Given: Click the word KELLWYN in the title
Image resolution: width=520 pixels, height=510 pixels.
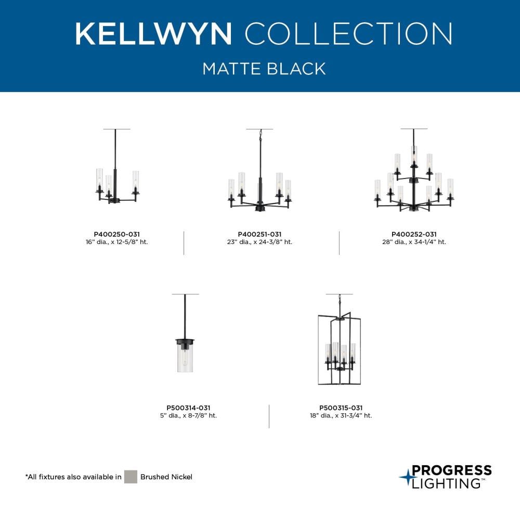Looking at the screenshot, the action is point(153,33).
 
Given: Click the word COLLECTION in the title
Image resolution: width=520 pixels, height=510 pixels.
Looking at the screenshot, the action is point(348,33).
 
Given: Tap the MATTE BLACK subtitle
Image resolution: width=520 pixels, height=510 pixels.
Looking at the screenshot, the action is point(264,69).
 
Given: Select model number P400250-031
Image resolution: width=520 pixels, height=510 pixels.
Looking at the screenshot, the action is point(116,234).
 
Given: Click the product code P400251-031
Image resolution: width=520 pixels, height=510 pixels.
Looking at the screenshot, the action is point(259,234).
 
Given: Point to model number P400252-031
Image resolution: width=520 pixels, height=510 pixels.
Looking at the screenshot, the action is point(414,234).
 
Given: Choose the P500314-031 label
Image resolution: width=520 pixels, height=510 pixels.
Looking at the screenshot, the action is point(188,408).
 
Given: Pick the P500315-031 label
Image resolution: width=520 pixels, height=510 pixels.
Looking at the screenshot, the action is point(341,408).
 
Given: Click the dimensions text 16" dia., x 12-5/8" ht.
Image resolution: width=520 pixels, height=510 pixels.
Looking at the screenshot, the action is point(116,242).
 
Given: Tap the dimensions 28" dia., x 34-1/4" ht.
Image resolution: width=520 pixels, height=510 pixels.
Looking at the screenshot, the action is point(414,242).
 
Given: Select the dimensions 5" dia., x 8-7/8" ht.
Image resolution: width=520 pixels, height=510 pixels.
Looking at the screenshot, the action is point(188,415).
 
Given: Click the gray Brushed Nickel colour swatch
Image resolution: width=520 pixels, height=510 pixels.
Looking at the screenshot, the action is point(131,477).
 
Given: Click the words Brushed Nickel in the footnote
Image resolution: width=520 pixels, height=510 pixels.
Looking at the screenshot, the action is point(166,477).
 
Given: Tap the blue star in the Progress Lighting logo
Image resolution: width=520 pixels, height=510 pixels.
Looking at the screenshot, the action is point(406,477).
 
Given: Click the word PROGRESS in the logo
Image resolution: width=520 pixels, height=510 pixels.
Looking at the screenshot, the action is point(452,470).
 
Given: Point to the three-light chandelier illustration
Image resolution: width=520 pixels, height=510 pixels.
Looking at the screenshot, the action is point(116,166).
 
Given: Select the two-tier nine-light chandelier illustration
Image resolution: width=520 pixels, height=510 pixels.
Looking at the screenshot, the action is point(414,170).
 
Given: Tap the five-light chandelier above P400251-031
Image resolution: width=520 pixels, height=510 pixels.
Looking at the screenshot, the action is point(259,170).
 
